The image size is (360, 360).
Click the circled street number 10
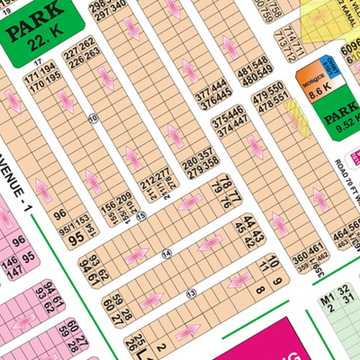pyautogui.click(x=92, y=118)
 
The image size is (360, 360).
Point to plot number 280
pyautogui.click(x=190, y=156)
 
